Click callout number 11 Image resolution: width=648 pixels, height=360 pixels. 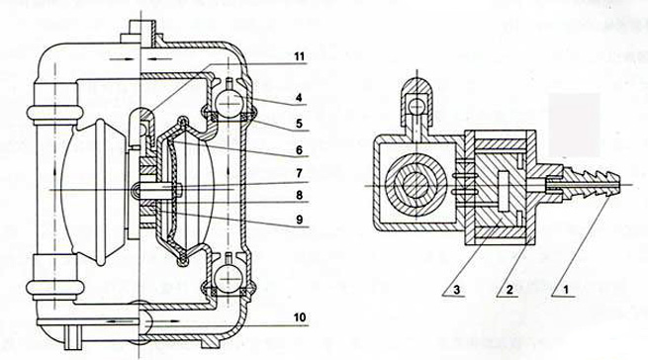299,56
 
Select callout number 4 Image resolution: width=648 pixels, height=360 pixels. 299,98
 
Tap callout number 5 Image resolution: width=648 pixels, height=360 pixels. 299,124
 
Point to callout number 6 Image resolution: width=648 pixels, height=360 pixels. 299,149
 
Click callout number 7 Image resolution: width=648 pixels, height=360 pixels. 299,174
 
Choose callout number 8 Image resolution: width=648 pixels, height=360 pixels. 299,195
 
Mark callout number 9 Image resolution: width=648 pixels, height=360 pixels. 299,220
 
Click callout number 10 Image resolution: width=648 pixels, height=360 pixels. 300,317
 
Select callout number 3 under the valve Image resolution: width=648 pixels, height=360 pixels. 456,290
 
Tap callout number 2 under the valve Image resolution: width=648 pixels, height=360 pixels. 509,290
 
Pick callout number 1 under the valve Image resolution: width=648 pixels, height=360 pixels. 566,290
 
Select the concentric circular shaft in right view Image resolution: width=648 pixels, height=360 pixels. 417,185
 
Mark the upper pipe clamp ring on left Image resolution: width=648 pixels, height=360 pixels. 54,113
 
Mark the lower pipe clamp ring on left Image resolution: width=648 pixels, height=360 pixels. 54,288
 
